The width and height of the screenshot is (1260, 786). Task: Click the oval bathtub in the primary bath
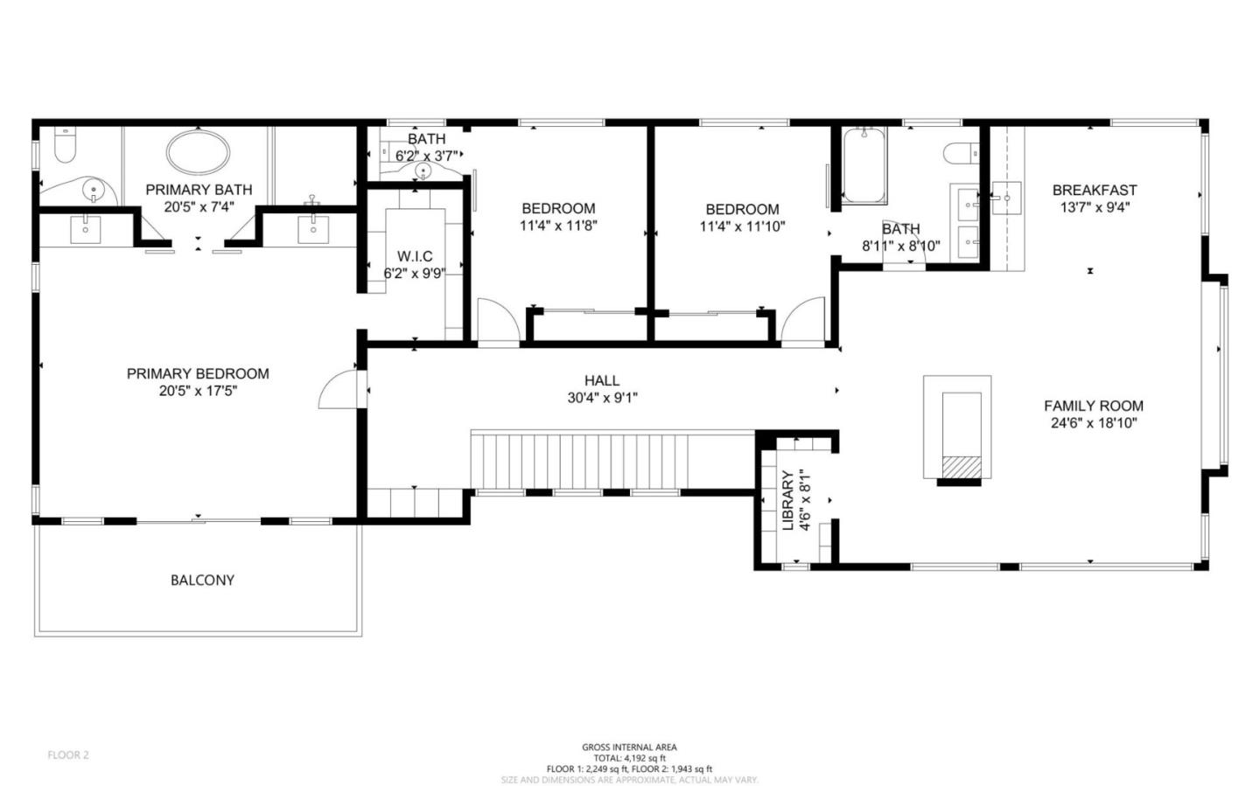[x=199, y=152]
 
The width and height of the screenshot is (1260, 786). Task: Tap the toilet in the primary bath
[x=64, y=146]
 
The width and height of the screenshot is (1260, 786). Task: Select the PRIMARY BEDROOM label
[x=198, y=373]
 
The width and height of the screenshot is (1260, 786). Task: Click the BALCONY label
[x=202, y=580]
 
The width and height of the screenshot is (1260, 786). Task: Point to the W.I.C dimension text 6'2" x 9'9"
[x=415, y=273]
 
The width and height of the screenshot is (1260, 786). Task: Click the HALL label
[x=602, y=380]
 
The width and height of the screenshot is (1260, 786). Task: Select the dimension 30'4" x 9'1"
[x=602, y=398]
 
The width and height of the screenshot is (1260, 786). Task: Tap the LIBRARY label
[x=787, y=500]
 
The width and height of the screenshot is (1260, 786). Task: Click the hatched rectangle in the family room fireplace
[x=962, y=467]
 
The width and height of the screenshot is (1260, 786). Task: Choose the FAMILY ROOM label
[x=1093, y=406]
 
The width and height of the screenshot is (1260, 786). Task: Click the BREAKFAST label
[x=1095, y=190]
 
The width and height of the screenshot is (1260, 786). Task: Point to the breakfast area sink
[x=1006, y=198]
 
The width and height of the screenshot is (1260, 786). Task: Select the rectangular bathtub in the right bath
[x=864, y=165]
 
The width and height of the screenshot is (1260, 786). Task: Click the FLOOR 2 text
[x=68, y=755]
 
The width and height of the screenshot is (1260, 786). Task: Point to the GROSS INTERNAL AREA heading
[x=629, y=747]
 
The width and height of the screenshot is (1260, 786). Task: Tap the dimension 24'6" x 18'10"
[x=1093, y=423]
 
